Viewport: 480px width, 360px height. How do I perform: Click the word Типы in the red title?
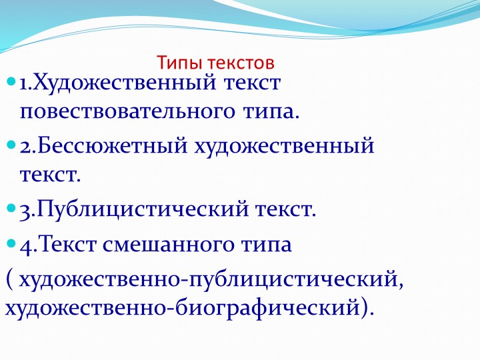click(x=176, y=63)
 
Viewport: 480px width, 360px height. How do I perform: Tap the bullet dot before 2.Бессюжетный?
click(x=11, y=145)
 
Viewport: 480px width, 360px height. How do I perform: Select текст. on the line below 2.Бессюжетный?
click(x=50, y=175)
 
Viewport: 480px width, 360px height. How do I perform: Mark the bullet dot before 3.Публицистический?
click(x=11, y=210)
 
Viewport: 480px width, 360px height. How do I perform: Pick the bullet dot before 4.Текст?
click(x=11, y=243)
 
